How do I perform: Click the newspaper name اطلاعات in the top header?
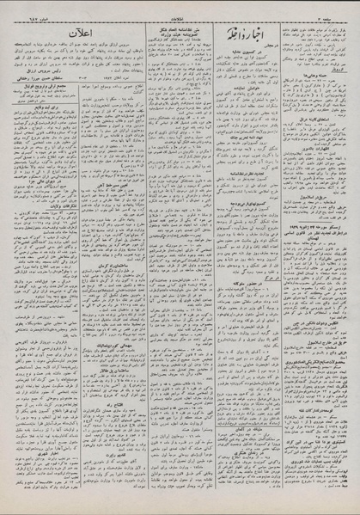[x=180, y=8]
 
